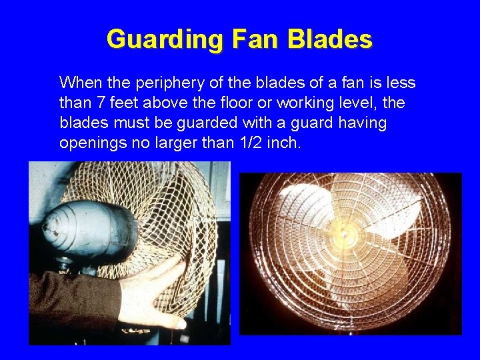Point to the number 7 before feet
coord(101,103)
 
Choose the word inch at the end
coord(285,143)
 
